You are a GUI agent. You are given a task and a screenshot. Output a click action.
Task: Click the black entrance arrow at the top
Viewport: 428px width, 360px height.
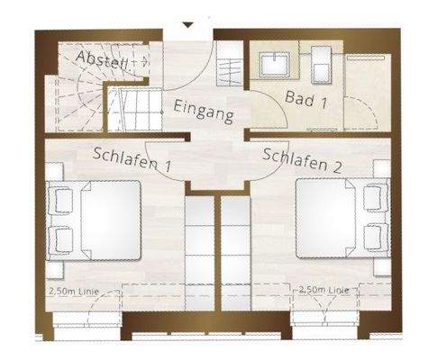coord(187,25)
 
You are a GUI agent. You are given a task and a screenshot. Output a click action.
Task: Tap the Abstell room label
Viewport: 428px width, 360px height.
coord(102,61)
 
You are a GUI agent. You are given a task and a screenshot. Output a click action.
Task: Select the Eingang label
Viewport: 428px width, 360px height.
coord(205,112)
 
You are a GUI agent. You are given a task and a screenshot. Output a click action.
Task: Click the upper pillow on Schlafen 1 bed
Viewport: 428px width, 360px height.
coord(60,201)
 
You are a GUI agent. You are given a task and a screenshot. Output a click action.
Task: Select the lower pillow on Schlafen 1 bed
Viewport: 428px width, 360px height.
coord(60,238)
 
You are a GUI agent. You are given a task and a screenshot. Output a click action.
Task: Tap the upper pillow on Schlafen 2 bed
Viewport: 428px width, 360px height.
coord(372,201)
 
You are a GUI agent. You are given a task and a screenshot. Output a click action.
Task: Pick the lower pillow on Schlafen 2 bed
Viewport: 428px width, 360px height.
coord(372,237)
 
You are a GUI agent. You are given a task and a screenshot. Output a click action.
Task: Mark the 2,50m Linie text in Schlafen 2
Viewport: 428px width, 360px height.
coord(323,290)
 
